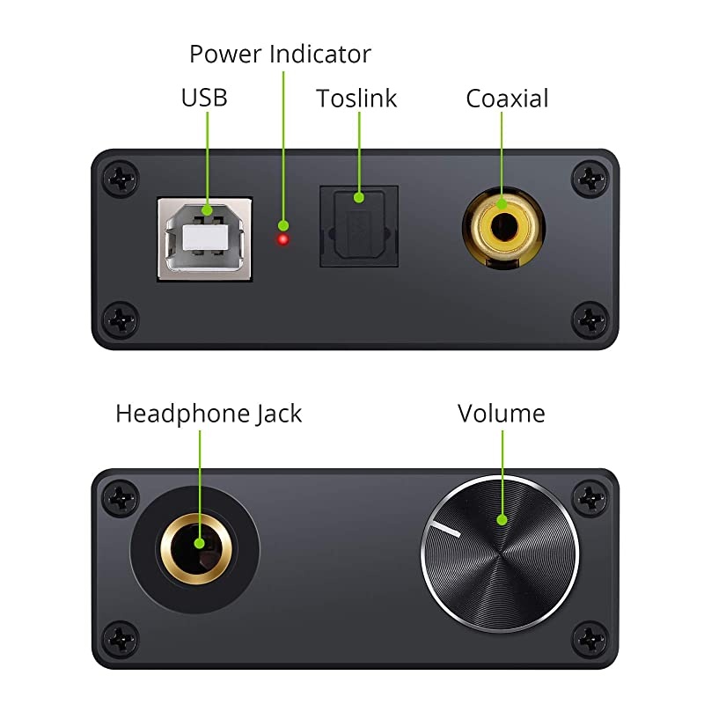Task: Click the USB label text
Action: point(204,97)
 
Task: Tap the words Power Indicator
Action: point(280,55)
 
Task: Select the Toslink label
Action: point(356,99)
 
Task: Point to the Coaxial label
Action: point(507,99)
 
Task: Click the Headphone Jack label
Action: point(209,414)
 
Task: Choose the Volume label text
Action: point(501,414)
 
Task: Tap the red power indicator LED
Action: point(283,239)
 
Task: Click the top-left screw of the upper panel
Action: point(120,178)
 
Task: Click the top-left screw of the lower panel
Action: point(120,498)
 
